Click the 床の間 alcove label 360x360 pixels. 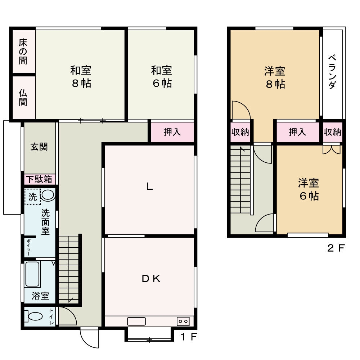(23, 51)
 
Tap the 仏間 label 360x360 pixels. (23, 98)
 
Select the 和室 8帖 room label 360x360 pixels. (81, 77)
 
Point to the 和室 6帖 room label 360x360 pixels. (162, 77)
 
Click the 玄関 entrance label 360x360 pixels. (39, 147)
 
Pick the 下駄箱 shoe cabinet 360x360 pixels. (40, 179)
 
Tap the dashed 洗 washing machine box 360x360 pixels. (33, 197)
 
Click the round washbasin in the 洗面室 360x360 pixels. (48, 195)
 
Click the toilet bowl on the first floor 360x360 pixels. (33, 316)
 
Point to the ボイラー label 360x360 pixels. (28, 248)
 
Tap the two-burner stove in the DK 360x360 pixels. (183, 321)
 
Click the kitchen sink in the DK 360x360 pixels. (136, 321)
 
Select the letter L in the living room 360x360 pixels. (149, 186)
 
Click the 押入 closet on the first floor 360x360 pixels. (172, 132)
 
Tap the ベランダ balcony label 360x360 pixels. (332, 72)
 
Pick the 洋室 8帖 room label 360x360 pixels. (275, 77)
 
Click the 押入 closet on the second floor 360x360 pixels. (298, 132)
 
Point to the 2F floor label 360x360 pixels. (336, 248)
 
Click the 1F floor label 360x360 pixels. (189, 337)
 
